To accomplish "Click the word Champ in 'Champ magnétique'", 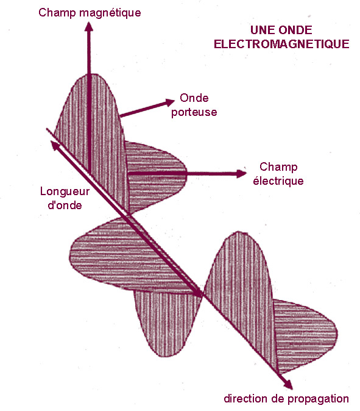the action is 57,13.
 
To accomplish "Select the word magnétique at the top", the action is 110,13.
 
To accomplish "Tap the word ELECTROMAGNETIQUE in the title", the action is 281,44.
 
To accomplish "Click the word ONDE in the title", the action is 295,30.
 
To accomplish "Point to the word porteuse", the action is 194,112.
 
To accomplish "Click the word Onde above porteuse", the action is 194,98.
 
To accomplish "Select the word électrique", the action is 278,181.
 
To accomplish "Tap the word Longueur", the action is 65,192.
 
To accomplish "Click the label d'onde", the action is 65,205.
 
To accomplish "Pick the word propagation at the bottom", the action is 318,399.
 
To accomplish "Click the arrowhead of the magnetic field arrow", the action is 89,26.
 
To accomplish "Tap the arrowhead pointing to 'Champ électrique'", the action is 241,174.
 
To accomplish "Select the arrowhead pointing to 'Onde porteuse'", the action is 170,102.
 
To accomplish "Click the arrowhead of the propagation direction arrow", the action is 288,385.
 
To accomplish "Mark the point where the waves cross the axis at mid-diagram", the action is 202,295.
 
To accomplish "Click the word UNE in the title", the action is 261,30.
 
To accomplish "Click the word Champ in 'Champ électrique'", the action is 278,167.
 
